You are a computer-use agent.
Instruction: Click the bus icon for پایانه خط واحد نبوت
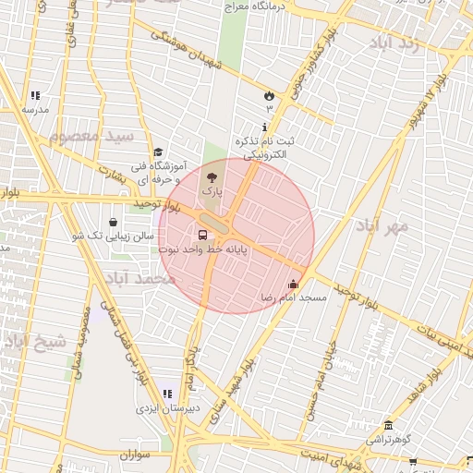(203, 236)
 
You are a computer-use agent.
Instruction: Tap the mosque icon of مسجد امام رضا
(294, 285)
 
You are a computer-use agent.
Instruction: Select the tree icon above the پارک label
(212, 175)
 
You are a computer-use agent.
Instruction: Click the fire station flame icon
(269, 95)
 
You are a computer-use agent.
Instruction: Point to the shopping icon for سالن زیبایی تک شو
(113, 223)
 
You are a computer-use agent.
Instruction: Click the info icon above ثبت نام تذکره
(266, 127)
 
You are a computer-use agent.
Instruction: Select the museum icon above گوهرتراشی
(388, 426)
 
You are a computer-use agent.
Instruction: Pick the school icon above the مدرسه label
(35, 95)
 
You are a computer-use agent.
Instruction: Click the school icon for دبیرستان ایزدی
(167, 394)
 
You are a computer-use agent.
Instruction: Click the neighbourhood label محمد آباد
(138, 277)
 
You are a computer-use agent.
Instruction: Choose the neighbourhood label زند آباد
(394, 42)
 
